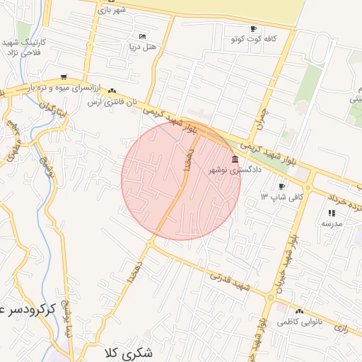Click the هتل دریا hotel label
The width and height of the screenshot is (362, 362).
point(142,47)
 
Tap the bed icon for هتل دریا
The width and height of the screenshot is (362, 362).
point(142,36)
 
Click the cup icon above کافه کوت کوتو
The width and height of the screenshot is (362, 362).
point(253,29)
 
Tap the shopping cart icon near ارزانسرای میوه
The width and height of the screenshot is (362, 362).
point(64,77)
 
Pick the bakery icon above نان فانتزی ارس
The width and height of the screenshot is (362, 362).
point(112,91)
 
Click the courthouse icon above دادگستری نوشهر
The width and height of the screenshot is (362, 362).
point(235,159)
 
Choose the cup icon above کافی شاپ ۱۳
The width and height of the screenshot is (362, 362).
point(282,186)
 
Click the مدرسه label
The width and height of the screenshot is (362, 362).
point(332,223)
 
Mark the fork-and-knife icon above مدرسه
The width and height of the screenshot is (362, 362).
point(332,212)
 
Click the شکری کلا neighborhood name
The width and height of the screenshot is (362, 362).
point(128,351)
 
